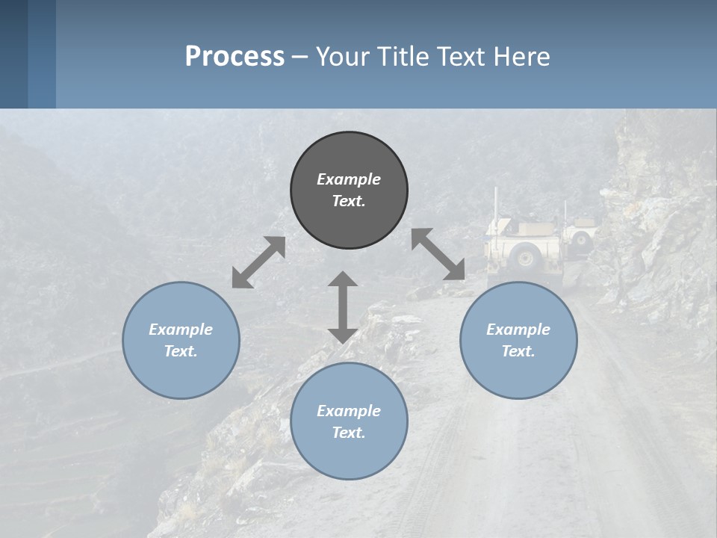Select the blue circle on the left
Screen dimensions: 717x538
coord(181,340)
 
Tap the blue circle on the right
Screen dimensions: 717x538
coord(518,340)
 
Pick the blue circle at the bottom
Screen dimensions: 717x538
coord(349,421)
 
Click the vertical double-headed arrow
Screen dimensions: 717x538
coord(343,307)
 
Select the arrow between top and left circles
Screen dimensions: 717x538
coord(258,262)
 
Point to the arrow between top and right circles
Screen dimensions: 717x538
coord(438,254)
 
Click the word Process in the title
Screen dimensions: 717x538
coord(235,56)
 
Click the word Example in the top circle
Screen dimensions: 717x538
coord(349,179)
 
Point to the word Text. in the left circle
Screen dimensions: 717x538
coord(181,351)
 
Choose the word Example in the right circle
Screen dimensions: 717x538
coord(518,329)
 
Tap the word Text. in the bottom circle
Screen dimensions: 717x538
coord(349,433)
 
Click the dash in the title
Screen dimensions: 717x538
coord(300,57)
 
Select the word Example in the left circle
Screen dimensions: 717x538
coord(181,329)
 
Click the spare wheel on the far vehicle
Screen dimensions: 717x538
coord(582,240)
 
